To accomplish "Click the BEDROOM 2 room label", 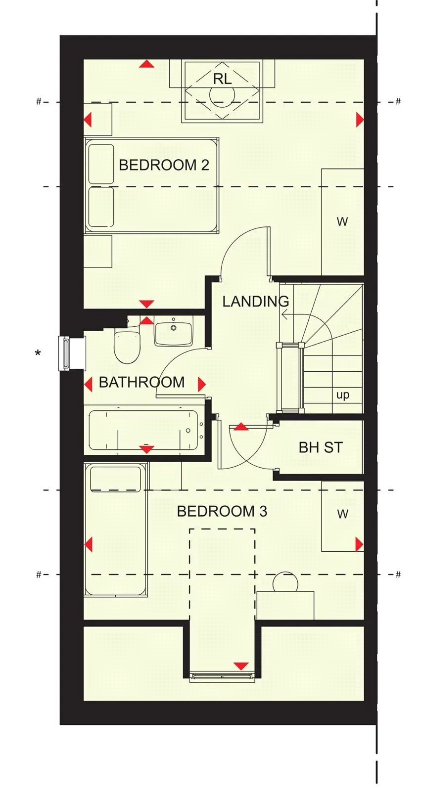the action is click(164, 165).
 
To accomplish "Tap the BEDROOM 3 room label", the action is click(222, 511).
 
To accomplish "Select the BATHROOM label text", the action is click(141, 382).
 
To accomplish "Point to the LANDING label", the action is click(256, 301).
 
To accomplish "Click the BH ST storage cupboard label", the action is click(321, 448).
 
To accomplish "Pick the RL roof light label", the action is click(222, 79).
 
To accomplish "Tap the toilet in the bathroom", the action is click(127, 347).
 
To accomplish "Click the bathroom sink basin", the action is click(173, 333).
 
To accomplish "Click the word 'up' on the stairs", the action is click(342, 395).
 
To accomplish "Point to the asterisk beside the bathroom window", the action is click(38, 352).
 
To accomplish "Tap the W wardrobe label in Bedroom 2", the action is click(342, 222).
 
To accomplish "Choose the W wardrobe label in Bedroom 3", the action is click(342, 514).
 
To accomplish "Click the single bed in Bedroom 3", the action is click(116, 530).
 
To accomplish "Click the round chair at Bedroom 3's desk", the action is click(285, 582).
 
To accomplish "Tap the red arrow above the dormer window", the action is click(241, 666).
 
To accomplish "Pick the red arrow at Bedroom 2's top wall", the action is click(146, 64).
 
